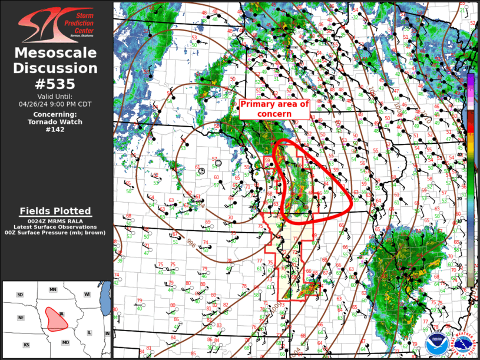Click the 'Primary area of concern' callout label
(274, 108)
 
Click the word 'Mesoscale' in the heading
(55, 53)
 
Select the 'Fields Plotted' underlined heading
(55, 211)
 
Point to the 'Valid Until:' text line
(55, 96)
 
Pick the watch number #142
(55, 130)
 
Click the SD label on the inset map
(20, 295)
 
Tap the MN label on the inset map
(53, 290)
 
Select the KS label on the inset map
(27, 344)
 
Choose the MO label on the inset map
(65, 342)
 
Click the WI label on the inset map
(87, 295)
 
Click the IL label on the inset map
(89, 333)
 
